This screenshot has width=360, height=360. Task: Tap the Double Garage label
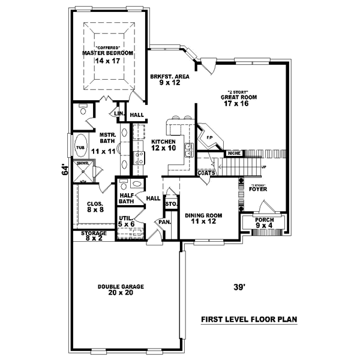(121, 290)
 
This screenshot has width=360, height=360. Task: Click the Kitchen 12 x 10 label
(163, 145)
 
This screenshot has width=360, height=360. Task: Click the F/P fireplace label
(209, 137)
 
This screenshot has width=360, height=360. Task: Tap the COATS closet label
(206, 173)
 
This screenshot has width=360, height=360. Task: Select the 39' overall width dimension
(239, 287)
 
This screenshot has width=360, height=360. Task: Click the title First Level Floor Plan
(249, 319)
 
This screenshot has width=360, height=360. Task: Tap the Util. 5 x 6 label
(127, 221)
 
